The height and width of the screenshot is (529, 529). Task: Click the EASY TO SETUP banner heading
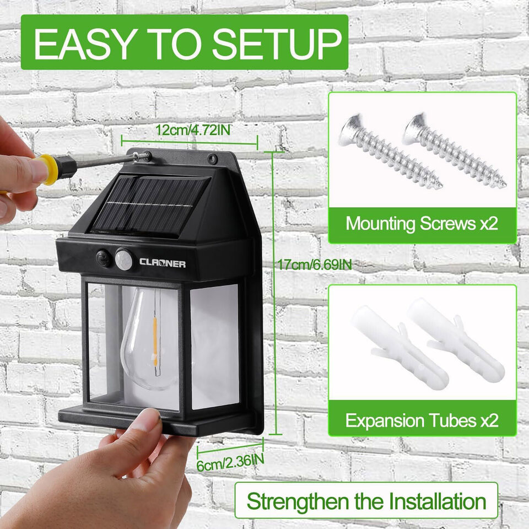185,42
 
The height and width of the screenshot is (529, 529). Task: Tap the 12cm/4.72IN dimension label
191,131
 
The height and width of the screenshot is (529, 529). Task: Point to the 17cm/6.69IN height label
315,264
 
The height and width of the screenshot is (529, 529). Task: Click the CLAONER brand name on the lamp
163,263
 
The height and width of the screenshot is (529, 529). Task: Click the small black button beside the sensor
102,258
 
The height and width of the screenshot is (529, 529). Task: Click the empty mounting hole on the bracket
211,160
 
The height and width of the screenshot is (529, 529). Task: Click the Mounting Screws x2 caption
422,224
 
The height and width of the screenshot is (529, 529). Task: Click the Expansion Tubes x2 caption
422,421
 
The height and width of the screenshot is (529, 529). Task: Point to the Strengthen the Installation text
366,501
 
